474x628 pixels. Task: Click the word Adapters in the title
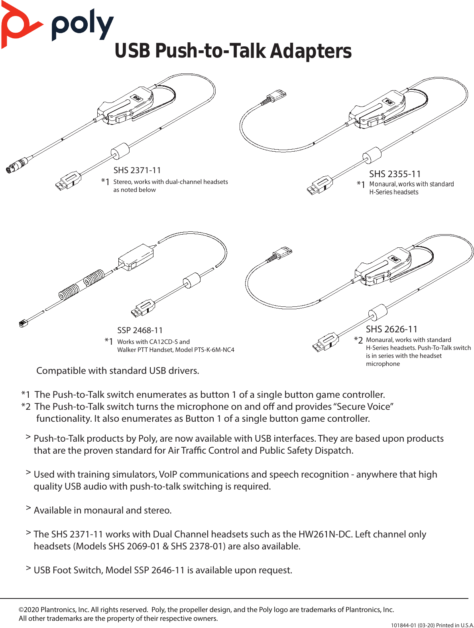(311, 51)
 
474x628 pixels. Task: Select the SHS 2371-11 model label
(137, 170)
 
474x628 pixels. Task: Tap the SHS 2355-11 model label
(395, 174)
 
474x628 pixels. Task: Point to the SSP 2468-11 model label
(140, 330)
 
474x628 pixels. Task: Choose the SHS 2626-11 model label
(391, 329)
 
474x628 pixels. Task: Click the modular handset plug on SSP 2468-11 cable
(23, 323)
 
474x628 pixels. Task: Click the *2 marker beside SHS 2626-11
(358, 340)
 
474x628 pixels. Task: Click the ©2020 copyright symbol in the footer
(21, 610)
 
